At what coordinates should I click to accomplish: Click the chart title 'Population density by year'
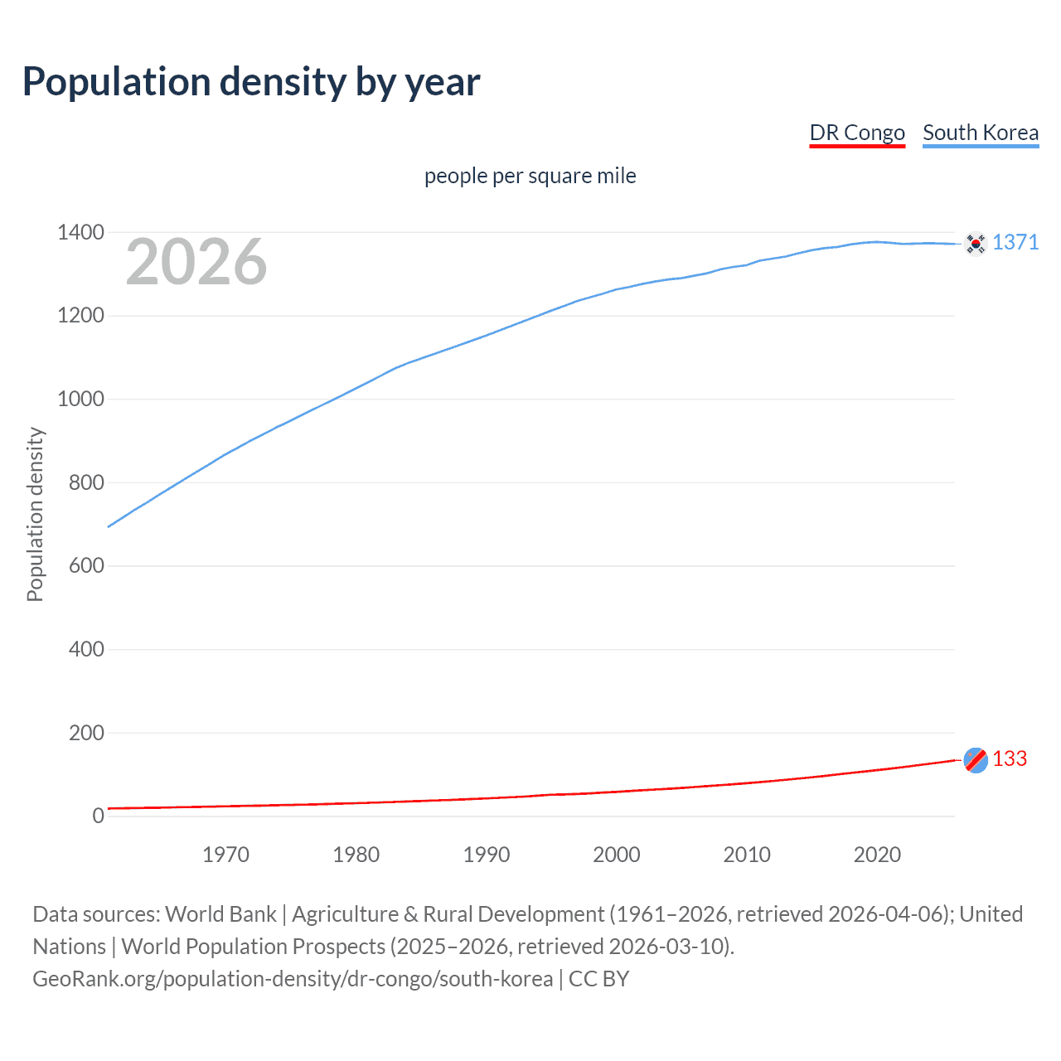point(251,82)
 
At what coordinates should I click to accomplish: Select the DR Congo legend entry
point(857,133)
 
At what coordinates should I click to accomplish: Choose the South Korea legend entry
point(981,133)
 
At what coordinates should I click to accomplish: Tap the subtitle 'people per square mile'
point(530,176)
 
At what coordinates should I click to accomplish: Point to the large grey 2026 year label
point(196,262)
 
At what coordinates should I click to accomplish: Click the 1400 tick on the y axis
point(80,232)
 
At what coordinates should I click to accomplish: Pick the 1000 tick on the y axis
point(80,399)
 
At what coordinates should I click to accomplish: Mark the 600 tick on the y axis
point(86,565)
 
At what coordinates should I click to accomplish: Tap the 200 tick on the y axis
point(86,733)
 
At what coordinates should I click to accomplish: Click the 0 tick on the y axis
point(98,816)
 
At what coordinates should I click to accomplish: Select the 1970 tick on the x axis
point(225,855)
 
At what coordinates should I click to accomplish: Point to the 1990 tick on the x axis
point(487,855)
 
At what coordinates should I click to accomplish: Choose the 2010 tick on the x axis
point(747,855)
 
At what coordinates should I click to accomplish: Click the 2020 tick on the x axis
point(877,855)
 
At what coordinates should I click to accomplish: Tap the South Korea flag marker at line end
point(976,243)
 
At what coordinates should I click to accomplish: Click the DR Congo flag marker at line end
point(976,759)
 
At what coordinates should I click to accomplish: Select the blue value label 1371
point(1015,242)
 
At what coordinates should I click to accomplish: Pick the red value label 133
point(1010,758)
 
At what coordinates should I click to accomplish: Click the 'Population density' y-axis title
point(35,514)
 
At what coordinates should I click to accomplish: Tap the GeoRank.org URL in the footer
point(293,979)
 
